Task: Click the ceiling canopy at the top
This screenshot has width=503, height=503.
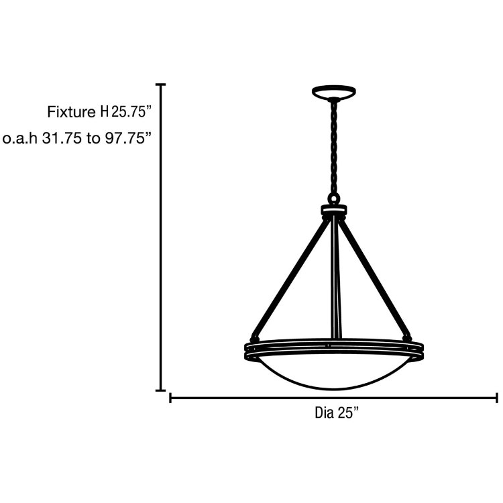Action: coord(334,91)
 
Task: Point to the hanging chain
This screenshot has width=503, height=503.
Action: coord(333,148)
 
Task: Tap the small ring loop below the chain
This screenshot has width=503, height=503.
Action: coord(334,199)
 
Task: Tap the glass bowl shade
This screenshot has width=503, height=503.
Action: coord(333,373)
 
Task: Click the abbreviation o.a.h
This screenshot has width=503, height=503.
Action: coord(20,139)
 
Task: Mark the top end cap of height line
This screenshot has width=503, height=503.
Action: coord(161,85)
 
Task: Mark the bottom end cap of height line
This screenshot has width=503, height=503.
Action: coord(161,390)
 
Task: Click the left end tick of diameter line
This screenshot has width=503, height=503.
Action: coord(171,398)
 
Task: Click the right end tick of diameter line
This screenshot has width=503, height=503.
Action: coord(496,398)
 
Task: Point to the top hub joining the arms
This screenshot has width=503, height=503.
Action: coord(334,211)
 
